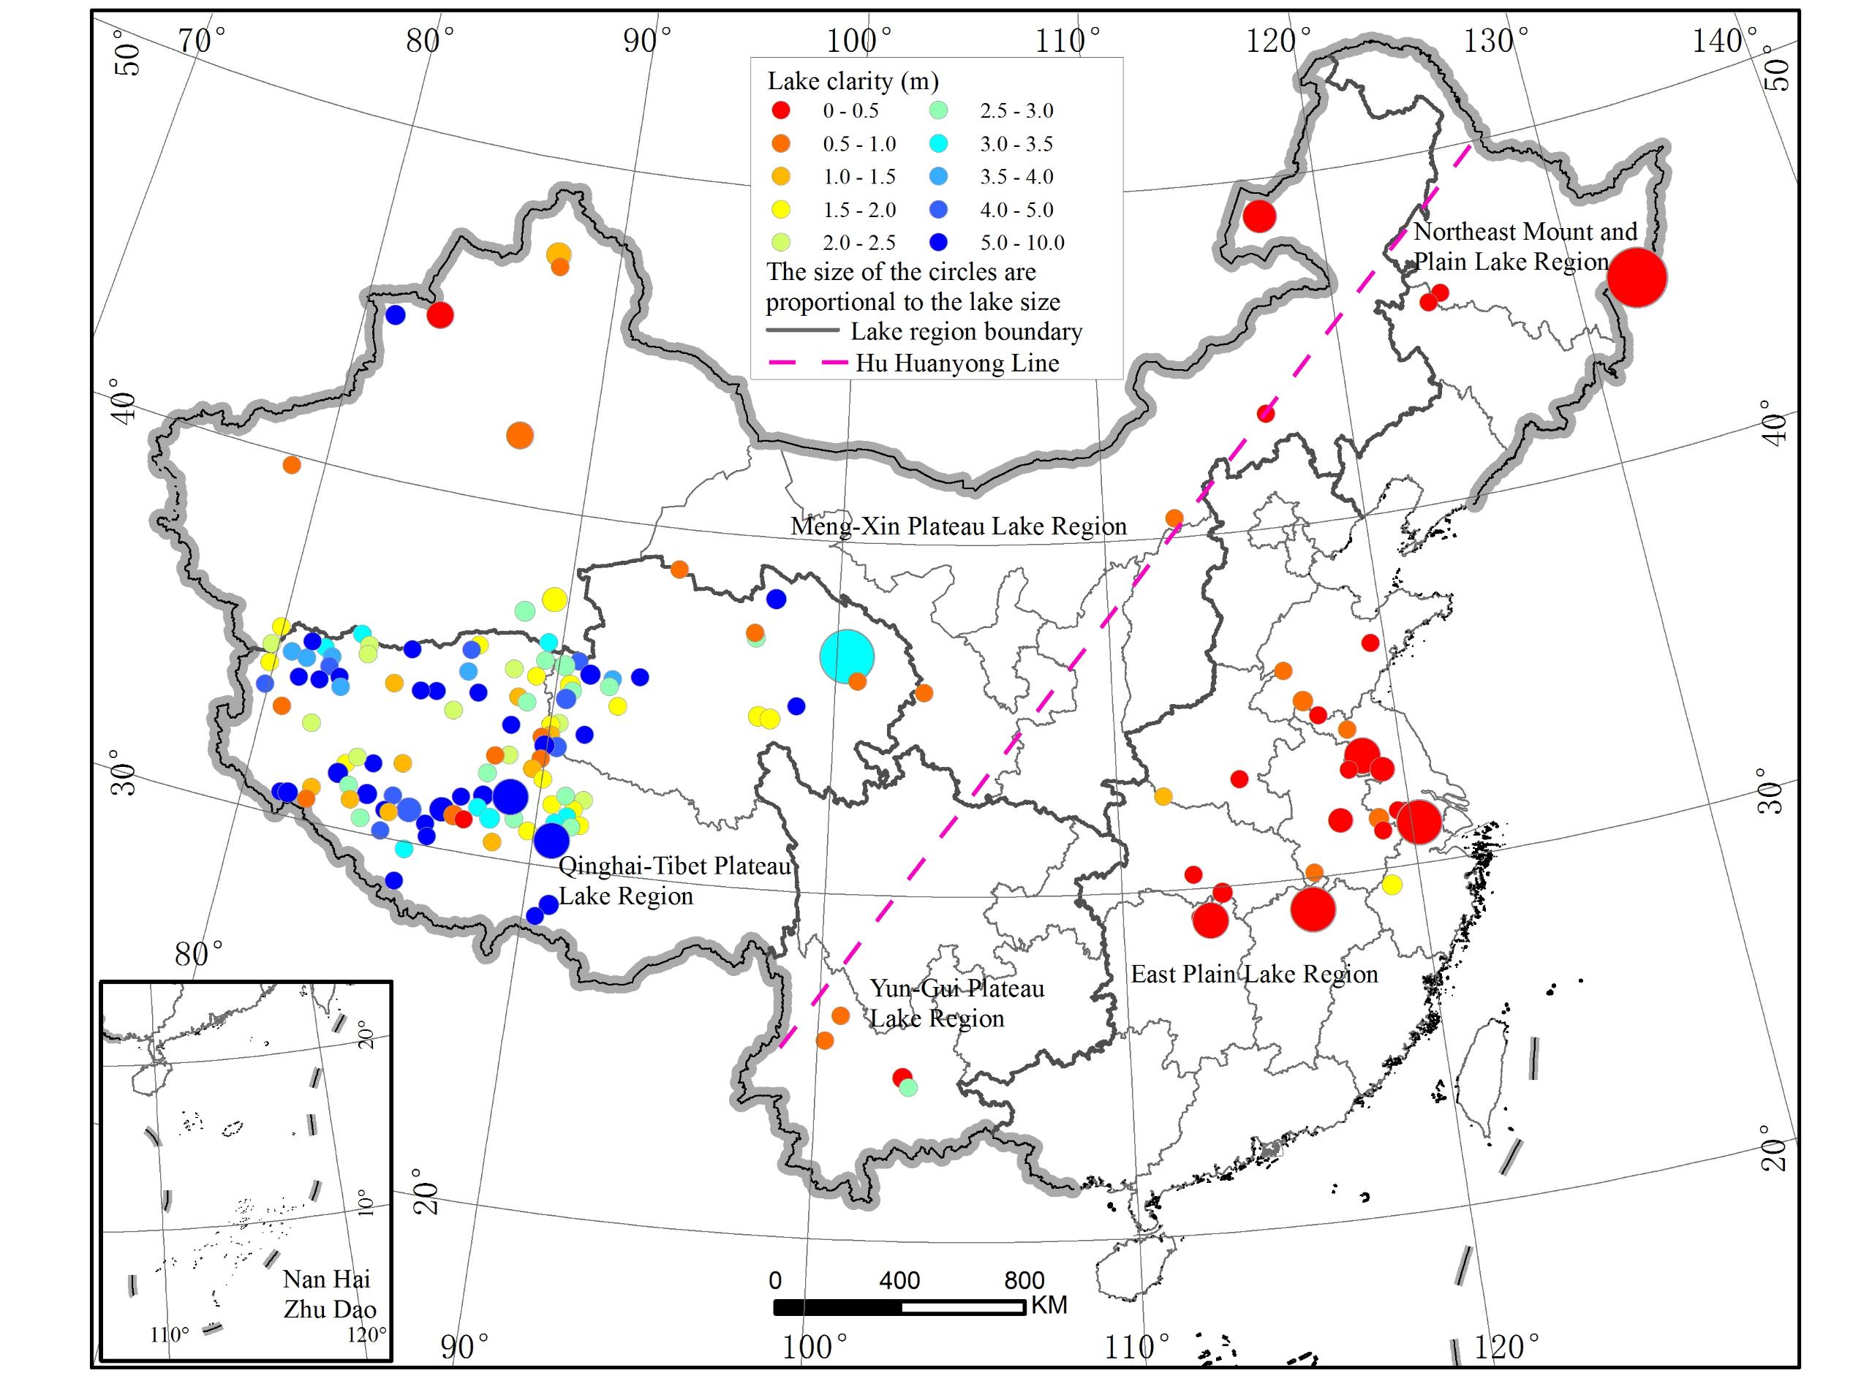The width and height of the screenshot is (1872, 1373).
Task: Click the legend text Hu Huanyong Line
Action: tap(958, 363)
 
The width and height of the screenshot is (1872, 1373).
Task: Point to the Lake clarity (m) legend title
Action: tap(852, 81)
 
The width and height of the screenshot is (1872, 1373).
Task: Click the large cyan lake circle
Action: tap(846, 657)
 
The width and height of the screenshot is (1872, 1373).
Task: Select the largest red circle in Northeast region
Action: tap(1637, 278)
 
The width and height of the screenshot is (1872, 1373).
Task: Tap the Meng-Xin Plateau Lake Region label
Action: tap(958, 526)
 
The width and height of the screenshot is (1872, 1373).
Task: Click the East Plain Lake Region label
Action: tap(1253, 974)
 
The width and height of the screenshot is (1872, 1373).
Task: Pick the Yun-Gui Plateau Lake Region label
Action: tap(956, 1003)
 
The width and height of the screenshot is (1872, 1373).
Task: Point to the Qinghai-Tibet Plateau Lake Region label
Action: tap(673, 881)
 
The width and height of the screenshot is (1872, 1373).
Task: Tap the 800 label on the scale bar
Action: tap(1023, 1280)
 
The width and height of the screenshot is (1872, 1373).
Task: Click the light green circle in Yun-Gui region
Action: tap(907, 1086)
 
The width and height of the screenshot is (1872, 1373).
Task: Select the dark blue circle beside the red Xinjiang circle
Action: tap(395, 315)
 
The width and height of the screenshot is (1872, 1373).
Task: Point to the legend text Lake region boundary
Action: tap(966, 332)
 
